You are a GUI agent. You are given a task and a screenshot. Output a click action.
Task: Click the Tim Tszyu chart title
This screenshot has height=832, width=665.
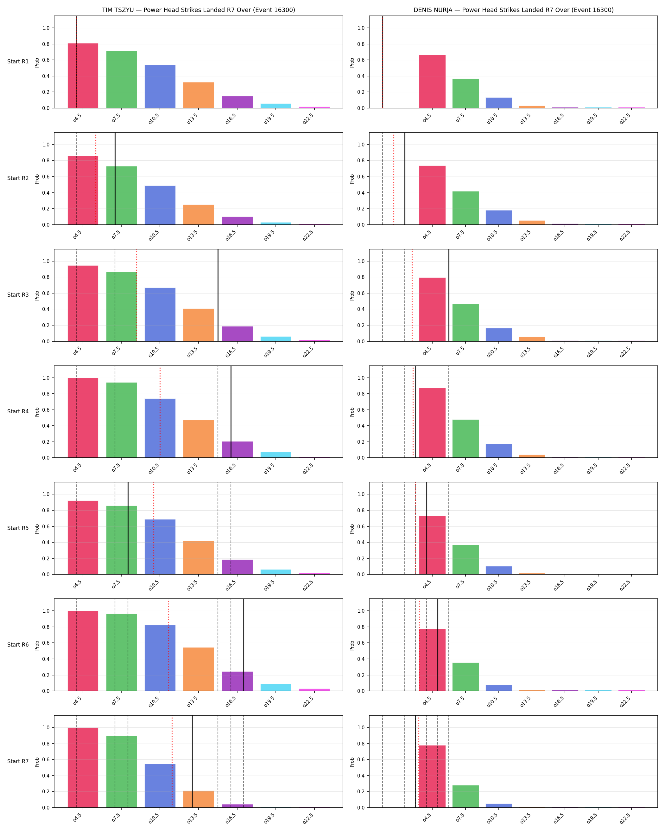point(198,10)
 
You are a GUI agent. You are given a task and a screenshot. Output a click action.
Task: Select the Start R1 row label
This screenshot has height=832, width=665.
point(18,61)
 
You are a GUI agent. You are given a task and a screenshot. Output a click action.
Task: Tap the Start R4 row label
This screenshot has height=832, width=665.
point(18,411)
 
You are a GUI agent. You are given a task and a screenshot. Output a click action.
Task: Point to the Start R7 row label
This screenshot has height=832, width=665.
point(18,761)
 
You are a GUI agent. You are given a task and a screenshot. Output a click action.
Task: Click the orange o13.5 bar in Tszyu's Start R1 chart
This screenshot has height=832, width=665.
point(199,95)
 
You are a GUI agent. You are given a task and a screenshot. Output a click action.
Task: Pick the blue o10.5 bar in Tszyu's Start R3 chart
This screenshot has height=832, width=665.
point(160,314)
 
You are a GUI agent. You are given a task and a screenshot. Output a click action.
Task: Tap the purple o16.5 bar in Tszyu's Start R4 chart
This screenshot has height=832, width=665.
point(237,449)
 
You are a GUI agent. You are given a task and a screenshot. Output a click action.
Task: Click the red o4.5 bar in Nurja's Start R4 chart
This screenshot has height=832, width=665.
point(432,423)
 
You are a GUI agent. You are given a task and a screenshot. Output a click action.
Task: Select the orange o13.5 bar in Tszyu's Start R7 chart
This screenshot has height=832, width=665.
point(199,799)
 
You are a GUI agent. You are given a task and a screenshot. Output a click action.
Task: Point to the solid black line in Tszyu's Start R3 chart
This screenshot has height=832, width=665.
point(218,295)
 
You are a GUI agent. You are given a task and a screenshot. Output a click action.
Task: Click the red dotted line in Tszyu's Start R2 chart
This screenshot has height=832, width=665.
point(96,179)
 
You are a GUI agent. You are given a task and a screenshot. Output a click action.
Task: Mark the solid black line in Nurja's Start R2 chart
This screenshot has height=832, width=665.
point(405,179)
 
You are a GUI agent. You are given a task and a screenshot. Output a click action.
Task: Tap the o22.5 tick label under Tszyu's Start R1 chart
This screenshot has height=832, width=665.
point(308,119)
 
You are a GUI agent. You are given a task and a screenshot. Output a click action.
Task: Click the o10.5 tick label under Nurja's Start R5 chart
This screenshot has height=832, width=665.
point(492,585)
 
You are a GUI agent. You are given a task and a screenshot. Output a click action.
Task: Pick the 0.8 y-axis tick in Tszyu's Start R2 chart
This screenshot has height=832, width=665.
point(46,160)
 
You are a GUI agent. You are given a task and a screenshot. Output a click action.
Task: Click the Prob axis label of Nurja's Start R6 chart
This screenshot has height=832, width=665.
point(352,645)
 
